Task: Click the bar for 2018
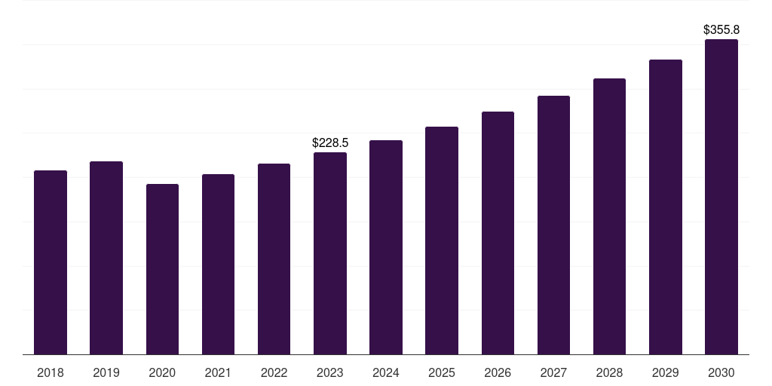tap(51, 262)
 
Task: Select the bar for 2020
tap(163, 269)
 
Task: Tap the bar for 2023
tap(330, 253)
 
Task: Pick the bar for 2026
tap(498, 233)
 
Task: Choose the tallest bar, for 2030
tap(721, 197)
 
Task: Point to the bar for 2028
tap(609, 216)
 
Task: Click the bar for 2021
tap(218, 265)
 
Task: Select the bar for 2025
tap(442, 240)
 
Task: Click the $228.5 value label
tap(330, 142)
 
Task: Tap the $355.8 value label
tap(721, 29)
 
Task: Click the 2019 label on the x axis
tap(106, 372)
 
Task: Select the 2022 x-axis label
tap(274, 372)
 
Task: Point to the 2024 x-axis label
tap(385, 372)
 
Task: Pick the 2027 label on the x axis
tap(553, 372)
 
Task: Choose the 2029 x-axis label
tap(665, 372)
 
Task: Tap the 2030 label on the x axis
tap(721, 372)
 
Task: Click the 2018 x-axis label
tap(51, 372)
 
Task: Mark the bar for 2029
tap(666, 207)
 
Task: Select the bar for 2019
tap(106, 258)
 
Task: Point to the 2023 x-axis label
tap(330, 372)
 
